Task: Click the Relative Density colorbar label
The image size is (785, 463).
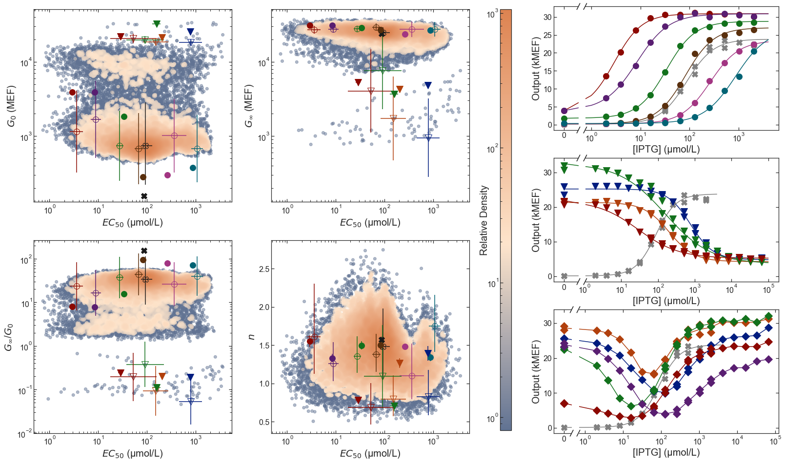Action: pos(483,220)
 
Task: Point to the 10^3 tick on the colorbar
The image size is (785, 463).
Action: pos(492,15)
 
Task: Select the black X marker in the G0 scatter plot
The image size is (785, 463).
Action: pos(144,196)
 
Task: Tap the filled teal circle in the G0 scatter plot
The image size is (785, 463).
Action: pos(193,168)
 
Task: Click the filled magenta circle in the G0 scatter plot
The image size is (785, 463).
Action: pos(168,175)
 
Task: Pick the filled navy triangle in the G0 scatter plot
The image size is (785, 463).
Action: pos(190,32)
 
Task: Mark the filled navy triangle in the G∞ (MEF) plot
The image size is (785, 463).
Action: pos(428,86)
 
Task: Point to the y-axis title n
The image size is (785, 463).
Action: pos(251,336)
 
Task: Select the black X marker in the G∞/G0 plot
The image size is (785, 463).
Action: pos(144,251)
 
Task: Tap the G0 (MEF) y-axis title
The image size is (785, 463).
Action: pos(11,106)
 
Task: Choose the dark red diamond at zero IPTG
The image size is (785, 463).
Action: pos(564,404)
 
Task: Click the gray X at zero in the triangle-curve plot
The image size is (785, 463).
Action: pos(564,276)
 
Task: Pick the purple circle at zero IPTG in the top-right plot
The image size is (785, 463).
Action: pos(564,111)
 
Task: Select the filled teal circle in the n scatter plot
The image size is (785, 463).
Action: pos(430,357)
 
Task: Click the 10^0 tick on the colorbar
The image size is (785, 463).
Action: pos(492,418)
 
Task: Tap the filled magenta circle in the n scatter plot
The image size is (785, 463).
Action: pos(405,347)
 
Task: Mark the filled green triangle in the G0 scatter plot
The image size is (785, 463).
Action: pos(157,23)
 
